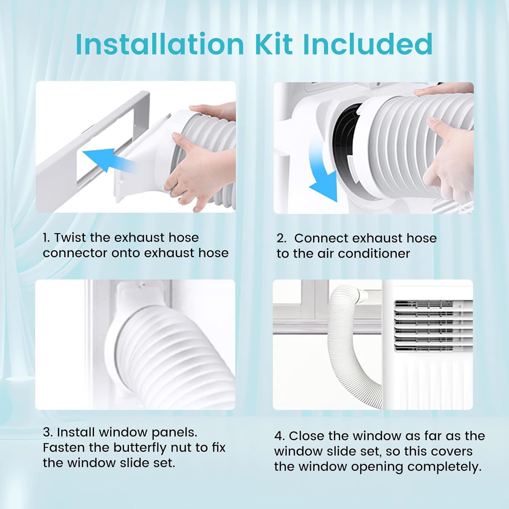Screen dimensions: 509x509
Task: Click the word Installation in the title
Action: click(x=159, y=44)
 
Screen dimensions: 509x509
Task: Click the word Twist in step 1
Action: click(x=71, y=238)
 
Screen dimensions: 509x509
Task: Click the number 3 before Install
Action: click(x=47, y=432)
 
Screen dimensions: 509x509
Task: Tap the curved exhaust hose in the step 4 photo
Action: click(x=343, y=350)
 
